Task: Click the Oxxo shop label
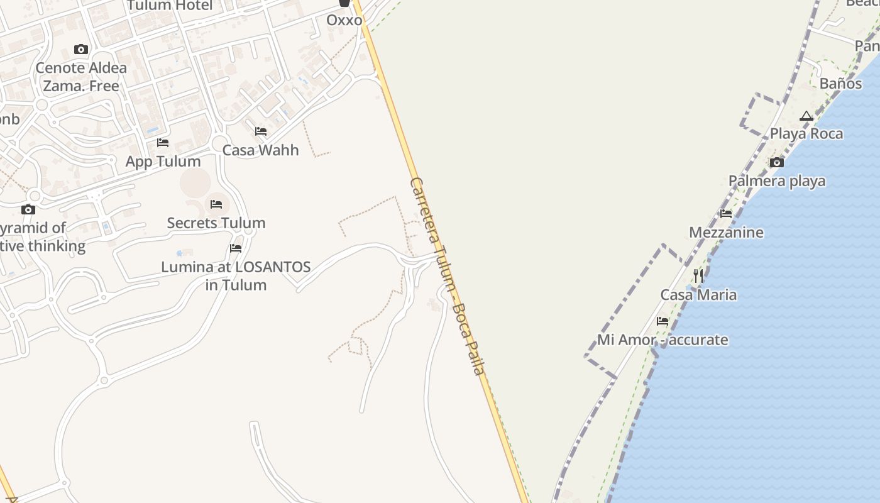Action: click(344, 20)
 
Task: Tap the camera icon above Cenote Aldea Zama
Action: click(81, 49)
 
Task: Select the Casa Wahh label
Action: click(260, 150)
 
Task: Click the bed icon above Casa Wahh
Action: click(261, 131)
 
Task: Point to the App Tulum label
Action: click(163, 162)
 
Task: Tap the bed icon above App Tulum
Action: click(163, 143)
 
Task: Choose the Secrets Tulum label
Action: click(216, 223)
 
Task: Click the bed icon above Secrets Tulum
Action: click(216, 204)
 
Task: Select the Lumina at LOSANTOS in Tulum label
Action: click(236, 275)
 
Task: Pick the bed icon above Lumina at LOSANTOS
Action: click(236, 248)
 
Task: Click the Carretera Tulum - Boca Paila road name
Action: click(447, 276)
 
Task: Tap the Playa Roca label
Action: click(806, 134)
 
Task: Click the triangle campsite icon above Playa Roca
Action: click(806, 116)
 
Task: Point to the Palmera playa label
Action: click(777, 181)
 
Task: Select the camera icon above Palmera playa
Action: click(777, 163)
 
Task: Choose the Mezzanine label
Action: click(726, 233)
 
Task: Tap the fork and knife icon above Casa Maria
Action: click(698, 276)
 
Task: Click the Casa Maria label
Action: click(698, 295)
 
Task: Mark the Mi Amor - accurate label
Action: click(663, 340)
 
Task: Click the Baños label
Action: click(840, 84)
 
